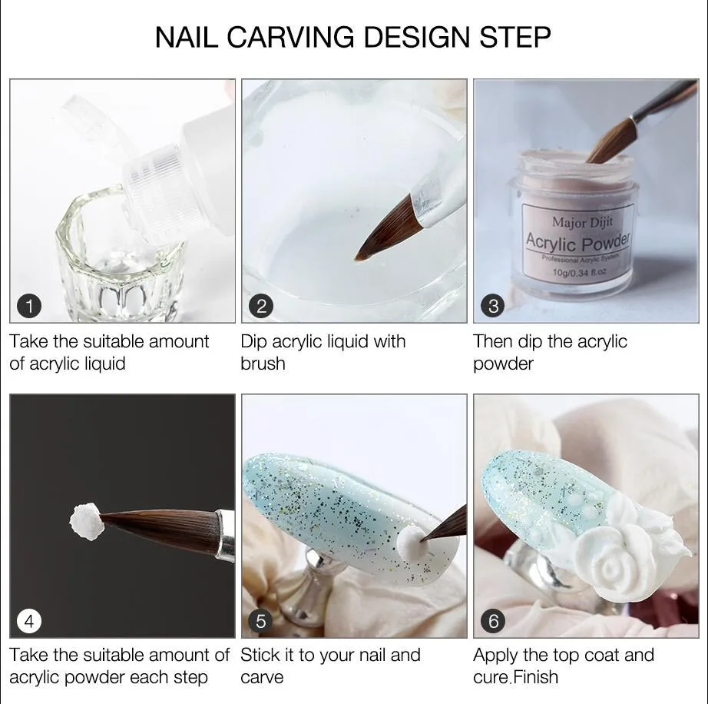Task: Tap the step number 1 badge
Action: coord(29,307)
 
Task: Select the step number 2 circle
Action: coord(261,307)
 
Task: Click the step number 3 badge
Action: coord(493,307)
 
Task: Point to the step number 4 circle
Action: coord(29,620)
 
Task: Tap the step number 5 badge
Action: coord(261,620)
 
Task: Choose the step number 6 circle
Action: coord(493,620)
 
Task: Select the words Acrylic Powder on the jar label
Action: coord(577,243)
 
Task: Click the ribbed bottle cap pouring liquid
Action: coord(154,196)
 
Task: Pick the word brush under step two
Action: coord(262,364)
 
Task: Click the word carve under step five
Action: coord(262,677)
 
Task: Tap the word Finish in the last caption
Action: coord(535,677)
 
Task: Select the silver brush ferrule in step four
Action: coord(225,536)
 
